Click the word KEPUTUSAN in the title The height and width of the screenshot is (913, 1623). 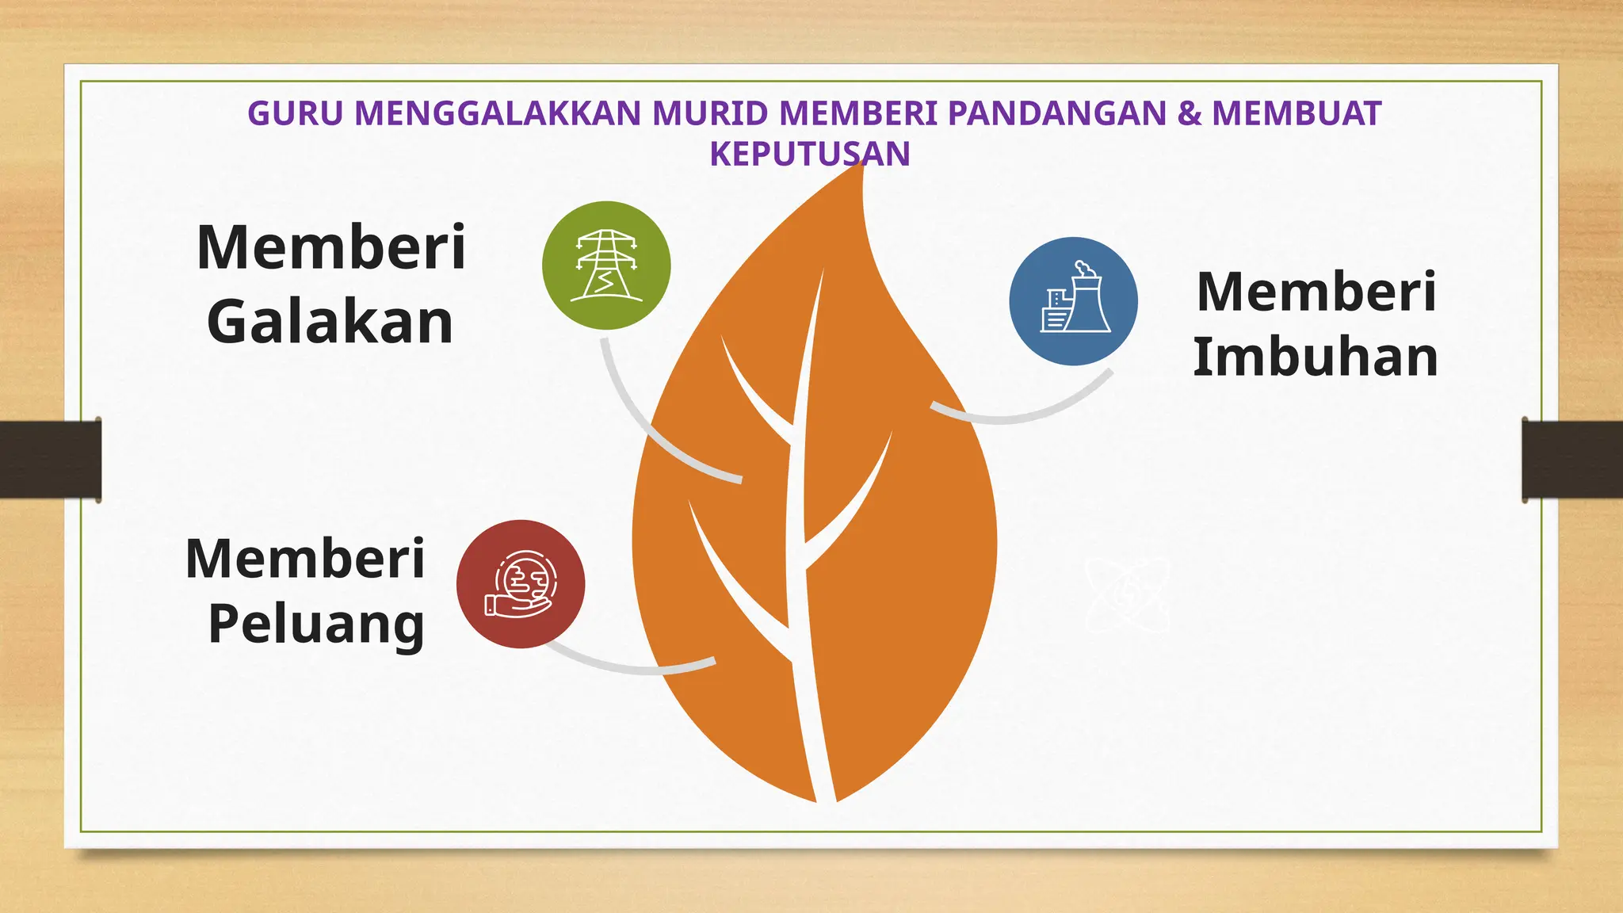click(x=809, y=154)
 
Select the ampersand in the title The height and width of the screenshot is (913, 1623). click(x=1189, y=114)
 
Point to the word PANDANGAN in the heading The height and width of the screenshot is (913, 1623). click(x=1057, y=114)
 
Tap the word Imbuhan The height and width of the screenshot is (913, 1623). click(x=1316, y=357)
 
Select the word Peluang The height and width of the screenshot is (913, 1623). click(x=316, y=625)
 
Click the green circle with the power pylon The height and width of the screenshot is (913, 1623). click(x=606, y=265)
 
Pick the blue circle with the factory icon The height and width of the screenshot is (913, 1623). click(x=1073, y=301)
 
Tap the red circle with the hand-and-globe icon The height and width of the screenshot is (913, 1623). click(x=521, y=584)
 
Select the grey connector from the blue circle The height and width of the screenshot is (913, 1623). click(x=1022, y=412)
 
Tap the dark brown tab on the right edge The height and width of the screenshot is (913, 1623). click(x=1572, y=460)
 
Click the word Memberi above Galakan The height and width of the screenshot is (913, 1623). click(x=331, y=248)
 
